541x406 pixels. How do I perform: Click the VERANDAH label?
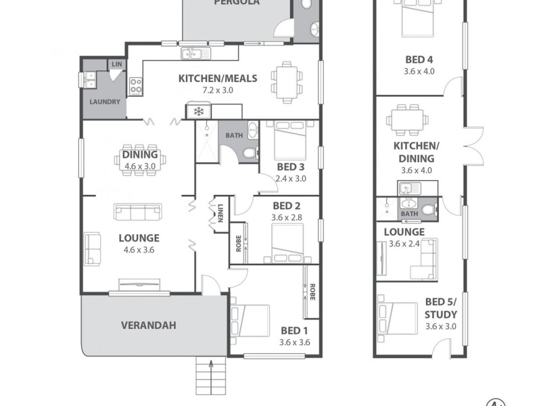pyautogui.click(x=148, y=325)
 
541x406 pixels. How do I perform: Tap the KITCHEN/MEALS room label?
pyautogui.click(x=218, y=78)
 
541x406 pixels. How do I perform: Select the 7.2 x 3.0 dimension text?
pyautogui.click(x=218, y=89)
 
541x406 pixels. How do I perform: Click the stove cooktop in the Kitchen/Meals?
pyautogui.click(x=135, y=85)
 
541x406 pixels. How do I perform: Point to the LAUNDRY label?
pyautogui.click(x=104, y=102)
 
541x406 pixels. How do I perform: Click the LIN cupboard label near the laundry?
pyautogui.click(x=116, y=64)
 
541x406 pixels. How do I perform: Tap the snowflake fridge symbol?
pyautogui.click(x=199, y=111)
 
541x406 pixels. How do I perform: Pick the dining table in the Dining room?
pyautogui.click(x=139, y=160)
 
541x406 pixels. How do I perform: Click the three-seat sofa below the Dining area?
pyautogui.click(x=139, y=212)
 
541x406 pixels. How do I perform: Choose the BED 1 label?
pyautogui.click(x=295, y=331)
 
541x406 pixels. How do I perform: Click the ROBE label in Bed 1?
pyautogui.click(x=312, y=292)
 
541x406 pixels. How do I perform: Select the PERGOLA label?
pyautogui.click(x=237, y=3)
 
